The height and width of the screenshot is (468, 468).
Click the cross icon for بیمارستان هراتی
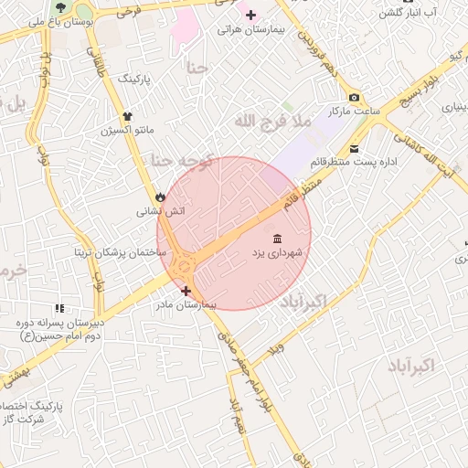[x=250, y=15]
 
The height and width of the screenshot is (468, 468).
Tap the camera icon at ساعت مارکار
[x=354, y=98]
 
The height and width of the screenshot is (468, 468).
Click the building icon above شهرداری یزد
[x=277, y=239]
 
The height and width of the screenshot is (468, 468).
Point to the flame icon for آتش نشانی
[x=161, y=197]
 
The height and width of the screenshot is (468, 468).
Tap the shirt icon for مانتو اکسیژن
[x=127, y=116]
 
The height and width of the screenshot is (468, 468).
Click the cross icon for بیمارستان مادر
[x=186, y=291]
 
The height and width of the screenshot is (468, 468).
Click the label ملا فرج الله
[x=273, y=120]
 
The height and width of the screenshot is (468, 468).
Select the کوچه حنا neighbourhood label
[x=181, y=161]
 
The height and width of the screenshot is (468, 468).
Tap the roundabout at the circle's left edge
[x=186, y=266]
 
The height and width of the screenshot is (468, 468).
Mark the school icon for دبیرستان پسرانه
[x=59, y=309]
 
